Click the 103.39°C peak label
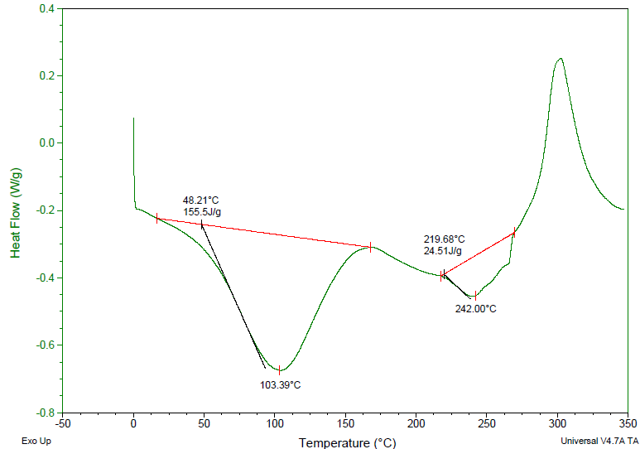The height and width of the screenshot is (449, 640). point(280,385)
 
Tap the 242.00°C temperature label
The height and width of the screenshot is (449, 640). point(475,309)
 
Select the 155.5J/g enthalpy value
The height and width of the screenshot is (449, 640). point(202,212)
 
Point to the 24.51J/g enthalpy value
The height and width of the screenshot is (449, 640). point(443,250)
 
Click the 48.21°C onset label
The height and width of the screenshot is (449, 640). point(201,200)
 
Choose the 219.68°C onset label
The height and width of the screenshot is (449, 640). point(445,239)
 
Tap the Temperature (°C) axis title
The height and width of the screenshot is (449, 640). point(347,443)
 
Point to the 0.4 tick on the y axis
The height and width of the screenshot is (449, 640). point(46,9)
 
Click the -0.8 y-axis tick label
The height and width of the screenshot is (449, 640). point(45,413)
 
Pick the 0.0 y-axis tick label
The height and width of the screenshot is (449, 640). point(46,143)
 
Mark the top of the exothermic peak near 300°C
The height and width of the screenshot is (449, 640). point(561,58)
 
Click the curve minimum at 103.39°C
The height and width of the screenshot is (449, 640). point(280,369)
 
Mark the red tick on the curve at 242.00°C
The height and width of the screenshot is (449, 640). point(475,297)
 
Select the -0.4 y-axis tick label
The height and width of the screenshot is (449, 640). point(45,278)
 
